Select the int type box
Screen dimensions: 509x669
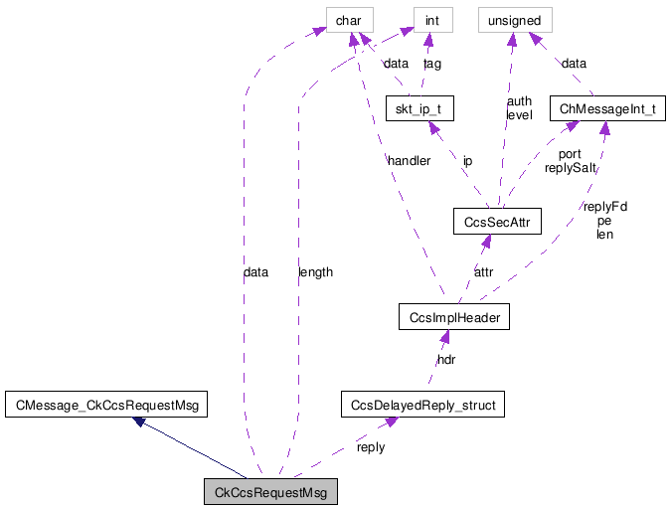coord(432,19)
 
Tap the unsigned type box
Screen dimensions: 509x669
coord(509,19)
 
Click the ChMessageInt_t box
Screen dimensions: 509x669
coord(608,108)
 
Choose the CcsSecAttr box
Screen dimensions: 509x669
coord(496,221)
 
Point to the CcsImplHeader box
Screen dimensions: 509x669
coord(452,317)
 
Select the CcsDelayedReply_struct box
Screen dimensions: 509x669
coord(422,404)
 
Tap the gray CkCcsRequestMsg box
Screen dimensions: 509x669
coord(270,491)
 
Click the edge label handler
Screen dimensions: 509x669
coord(409,160)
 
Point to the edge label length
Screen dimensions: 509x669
coord(315,271)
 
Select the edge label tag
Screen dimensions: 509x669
coord(432,64)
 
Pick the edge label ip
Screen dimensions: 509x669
coord(467,160)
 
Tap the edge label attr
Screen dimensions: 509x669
coord(483,271)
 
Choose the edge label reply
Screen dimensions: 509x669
coord(371,446)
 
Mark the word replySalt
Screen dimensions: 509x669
coord(570,168)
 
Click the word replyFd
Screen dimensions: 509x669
coord(604,207)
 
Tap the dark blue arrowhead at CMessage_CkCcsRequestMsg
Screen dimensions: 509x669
coord(141,422)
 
